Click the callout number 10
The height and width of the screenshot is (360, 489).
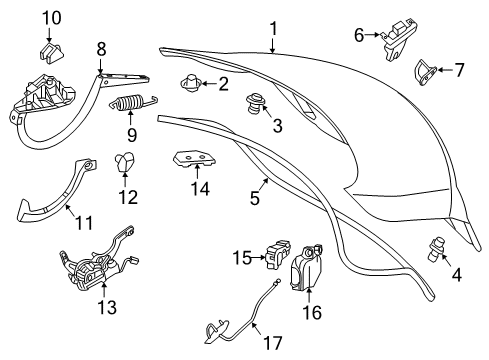pos(52,18)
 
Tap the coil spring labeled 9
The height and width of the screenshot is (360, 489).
pos(133,102)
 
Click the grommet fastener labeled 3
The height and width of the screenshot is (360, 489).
pos(255,103)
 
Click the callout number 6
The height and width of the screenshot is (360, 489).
pos(359,35)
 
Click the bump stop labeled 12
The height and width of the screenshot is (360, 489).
pos(124,161)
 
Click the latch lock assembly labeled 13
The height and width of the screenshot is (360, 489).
pos(97,263)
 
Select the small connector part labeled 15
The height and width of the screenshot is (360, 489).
pos(278,254)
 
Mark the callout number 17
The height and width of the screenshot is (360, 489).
pos(273,343)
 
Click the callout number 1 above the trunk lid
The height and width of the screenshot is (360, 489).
pos(273,29)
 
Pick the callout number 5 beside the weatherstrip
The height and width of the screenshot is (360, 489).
pos(255,198)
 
